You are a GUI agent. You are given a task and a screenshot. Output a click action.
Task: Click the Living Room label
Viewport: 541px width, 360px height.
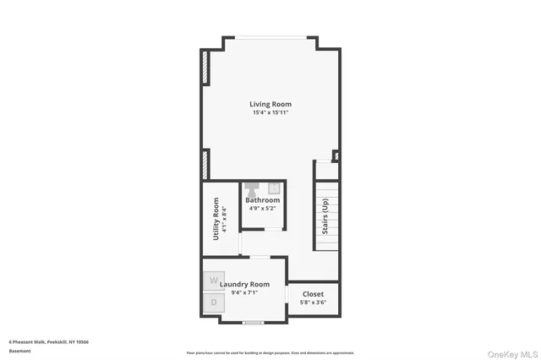(270, 104)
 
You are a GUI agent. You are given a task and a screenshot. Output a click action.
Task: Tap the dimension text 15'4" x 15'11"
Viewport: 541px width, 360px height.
(270, 113)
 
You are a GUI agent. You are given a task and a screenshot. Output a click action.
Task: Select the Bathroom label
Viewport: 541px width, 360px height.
(262, 200)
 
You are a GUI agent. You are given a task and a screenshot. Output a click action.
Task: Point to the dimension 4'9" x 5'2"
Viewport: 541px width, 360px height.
(262, 208)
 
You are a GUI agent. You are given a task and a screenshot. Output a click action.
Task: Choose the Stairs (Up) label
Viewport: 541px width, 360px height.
(325, 216)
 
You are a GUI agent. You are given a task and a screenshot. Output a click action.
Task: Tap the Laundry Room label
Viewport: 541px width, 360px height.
(244, 284)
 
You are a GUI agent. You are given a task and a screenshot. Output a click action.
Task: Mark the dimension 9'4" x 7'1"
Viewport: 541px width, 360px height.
(244, 292)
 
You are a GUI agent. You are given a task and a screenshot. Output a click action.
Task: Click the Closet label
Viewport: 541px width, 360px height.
(313, 294)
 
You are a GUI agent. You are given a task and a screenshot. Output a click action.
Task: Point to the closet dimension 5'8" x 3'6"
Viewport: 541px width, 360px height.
(313, 302)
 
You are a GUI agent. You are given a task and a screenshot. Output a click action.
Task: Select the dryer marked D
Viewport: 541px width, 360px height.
(213, 302)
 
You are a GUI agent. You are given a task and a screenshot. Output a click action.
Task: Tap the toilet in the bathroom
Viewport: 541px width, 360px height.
(253, 189)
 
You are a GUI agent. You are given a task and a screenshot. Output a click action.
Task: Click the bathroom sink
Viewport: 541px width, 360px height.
(274, 188)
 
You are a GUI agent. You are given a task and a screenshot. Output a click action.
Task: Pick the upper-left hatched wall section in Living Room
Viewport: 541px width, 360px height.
(205, 68)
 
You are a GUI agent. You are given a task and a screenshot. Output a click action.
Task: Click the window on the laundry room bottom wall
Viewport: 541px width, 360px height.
(253, 322)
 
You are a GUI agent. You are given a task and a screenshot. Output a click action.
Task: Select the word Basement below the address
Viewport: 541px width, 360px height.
(19, 351)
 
